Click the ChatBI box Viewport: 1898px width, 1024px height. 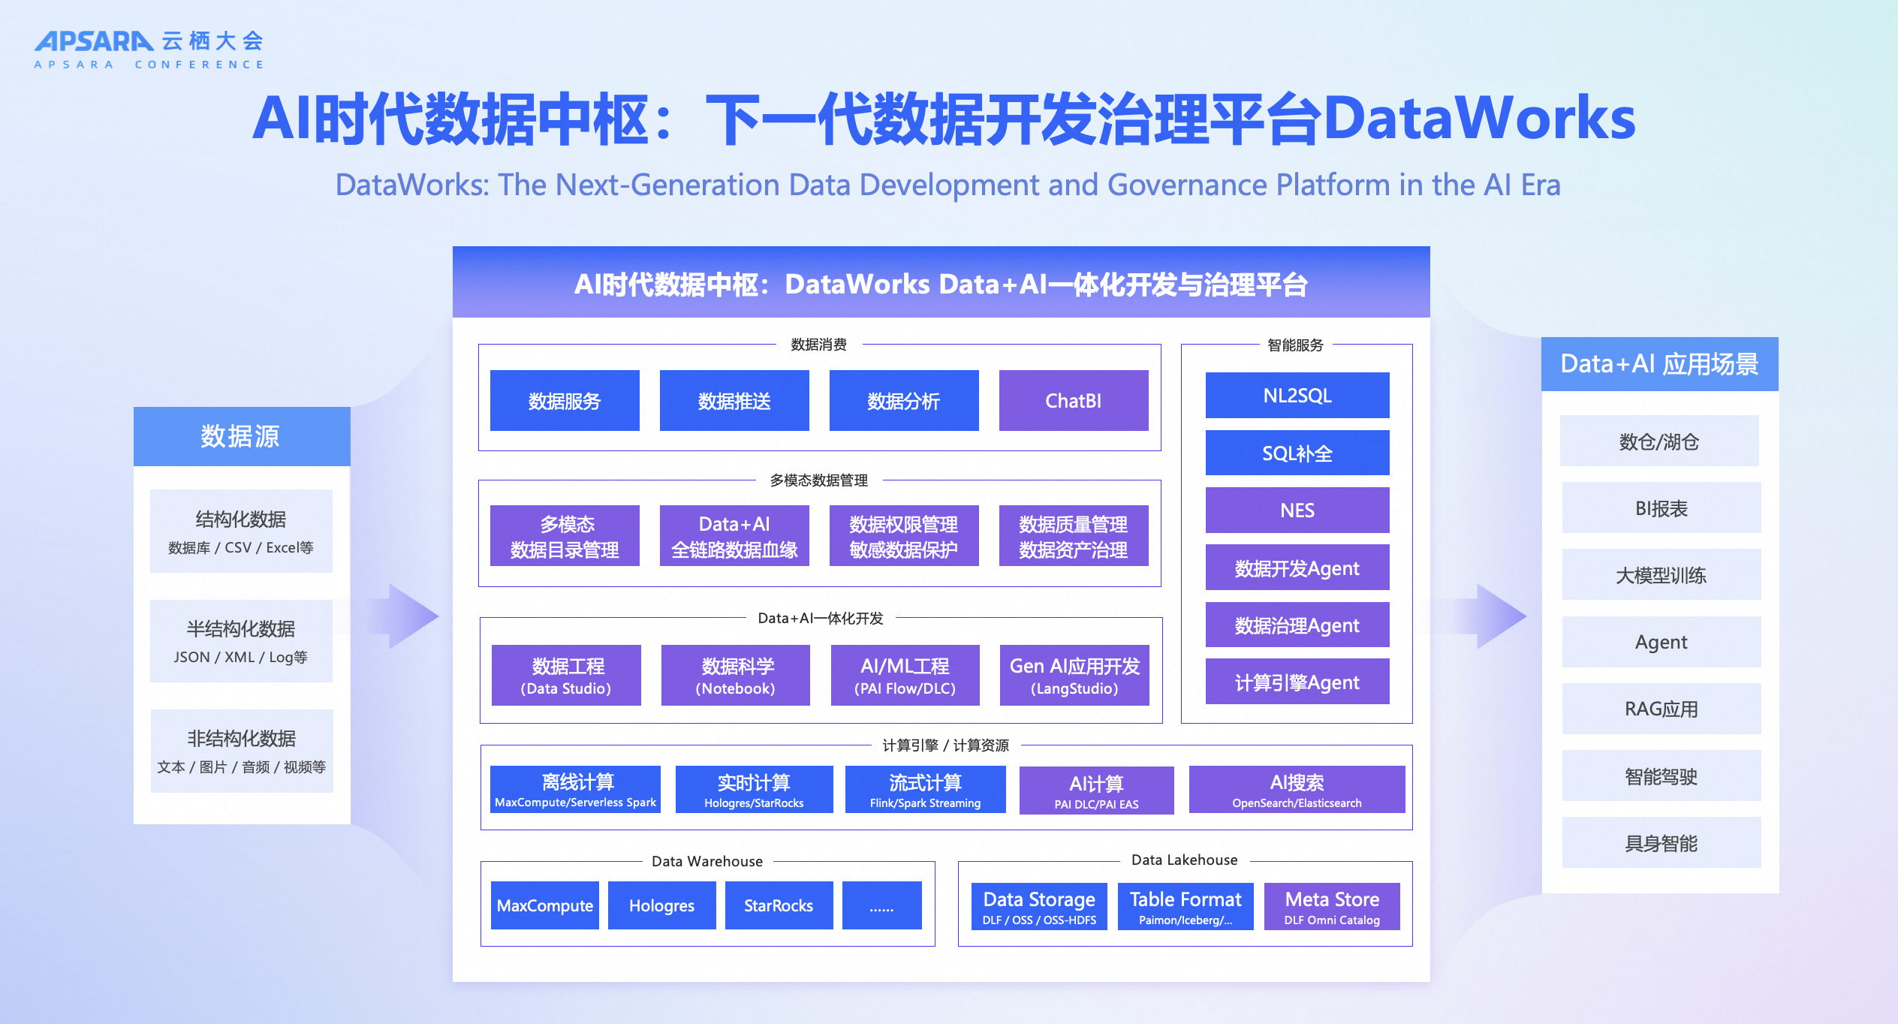[x=1073, y=400]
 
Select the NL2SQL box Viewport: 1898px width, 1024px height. [x=1297, y=395]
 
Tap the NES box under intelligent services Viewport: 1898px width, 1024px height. [x=1297, y=510]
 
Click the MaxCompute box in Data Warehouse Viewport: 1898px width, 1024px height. [x=544, y=905]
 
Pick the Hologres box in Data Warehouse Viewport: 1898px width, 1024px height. [x=661, y=905]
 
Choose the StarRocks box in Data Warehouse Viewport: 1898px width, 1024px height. [x=779, y=905]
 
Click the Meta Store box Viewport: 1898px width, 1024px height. [x=1331, y=907]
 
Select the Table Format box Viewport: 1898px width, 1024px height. [x=1185, y=907]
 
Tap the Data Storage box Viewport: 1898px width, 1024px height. [x=1039, y=907]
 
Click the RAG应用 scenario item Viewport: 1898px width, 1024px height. [x=1661, y=709]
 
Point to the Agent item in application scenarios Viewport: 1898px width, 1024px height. [x=1661, y=642]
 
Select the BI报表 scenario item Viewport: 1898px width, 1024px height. [x=1661, y=508]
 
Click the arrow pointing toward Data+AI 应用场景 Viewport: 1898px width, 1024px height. [x=1499, y=616]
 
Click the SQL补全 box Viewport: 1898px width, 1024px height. [x=1297, y=453]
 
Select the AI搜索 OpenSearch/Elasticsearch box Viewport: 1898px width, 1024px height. [x=1297, y=790]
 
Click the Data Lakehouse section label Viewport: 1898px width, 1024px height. [x=1184, y=860]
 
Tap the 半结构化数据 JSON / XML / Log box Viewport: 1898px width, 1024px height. [x=241, y=641]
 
